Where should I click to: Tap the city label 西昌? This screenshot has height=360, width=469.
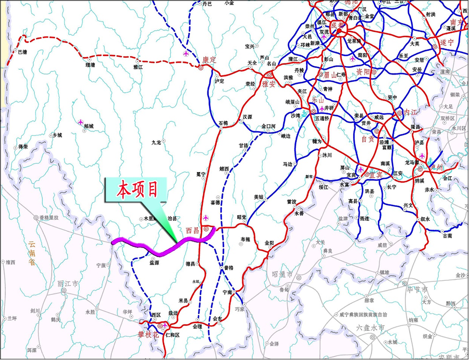click(x=193, y=229)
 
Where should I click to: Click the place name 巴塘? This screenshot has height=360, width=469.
click(x=22, y=52)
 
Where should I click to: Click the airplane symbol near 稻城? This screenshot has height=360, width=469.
click(x=80, y=121)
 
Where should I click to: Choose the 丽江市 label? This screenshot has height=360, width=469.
click(x=68, y=283)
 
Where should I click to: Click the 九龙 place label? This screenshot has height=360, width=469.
click(x=156, y=142)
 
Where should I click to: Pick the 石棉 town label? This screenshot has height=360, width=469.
click(x=223, y=123)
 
